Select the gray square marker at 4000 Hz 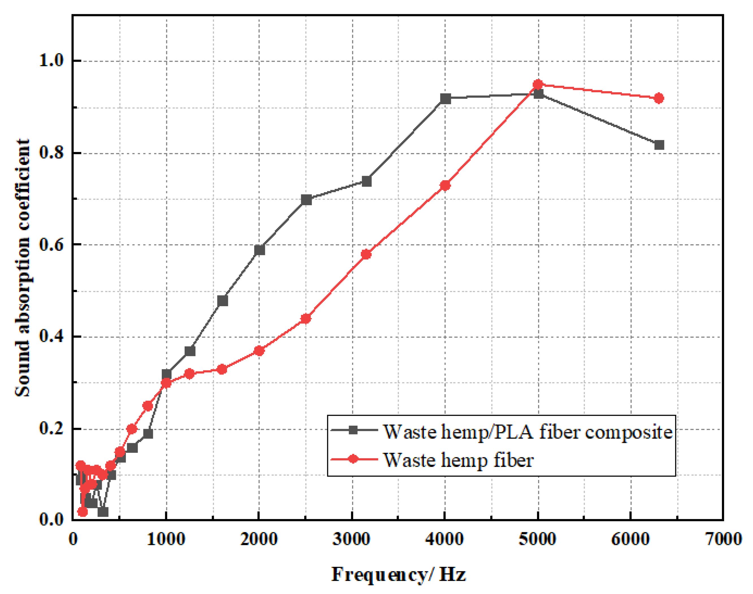pos(445,99)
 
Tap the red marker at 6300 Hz pos(659,98)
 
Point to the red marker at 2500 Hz pos(305,319)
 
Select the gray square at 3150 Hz pos(366,181)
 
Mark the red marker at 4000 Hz pos(445,186)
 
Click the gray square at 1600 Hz pos(222,301)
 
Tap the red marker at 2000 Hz pos(259,351)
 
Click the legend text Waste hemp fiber pos(458,460)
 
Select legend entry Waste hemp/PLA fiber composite pos(527,432)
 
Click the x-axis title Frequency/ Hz pos(398,574)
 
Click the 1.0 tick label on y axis pos(51,61)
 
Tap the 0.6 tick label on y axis pos(51,245)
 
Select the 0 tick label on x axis pos(73,539)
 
